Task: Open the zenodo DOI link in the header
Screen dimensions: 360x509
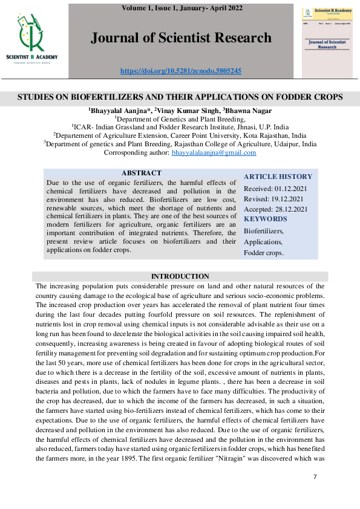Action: (x=181, y=71)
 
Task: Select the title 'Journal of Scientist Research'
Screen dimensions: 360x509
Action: (x=181, y=39)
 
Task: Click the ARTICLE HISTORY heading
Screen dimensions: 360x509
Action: (x=278, y=177)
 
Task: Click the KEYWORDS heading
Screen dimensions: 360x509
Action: (x=266, y=219)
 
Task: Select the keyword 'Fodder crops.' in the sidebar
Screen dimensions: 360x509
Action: (x=263, y=253)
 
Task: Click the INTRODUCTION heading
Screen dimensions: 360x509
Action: (x=180, y=276)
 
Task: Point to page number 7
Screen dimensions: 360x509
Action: (x=315, y=477)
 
